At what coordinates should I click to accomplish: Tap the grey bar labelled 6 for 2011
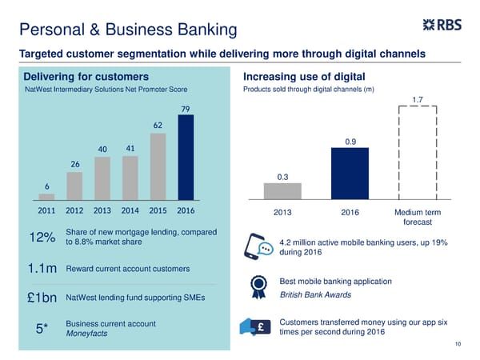pos(46,196)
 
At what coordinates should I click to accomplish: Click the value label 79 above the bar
pos(186,109)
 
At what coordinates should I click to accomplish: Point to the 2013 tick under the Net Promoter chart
pos(102,210)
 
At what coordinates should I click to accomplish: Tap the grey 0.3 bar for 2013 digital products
pos(282,190)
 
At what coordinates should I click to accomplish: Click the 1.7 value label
pos(418,100)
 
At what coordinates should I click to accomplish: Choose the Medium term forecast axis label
pos(418,217)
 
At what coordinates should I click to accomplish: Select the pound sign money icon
pos(257,326)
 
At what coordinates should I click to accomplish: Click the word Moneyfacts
pos(89,334)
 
